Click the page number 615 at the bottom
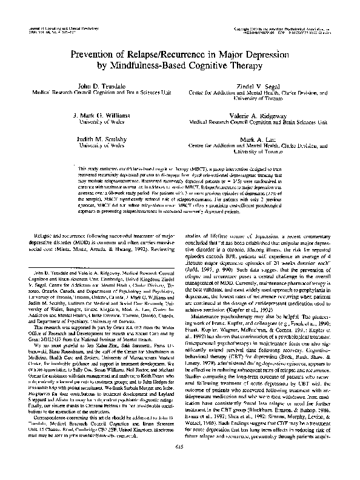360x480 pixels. pyautogui.click(x=179, y=462)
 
